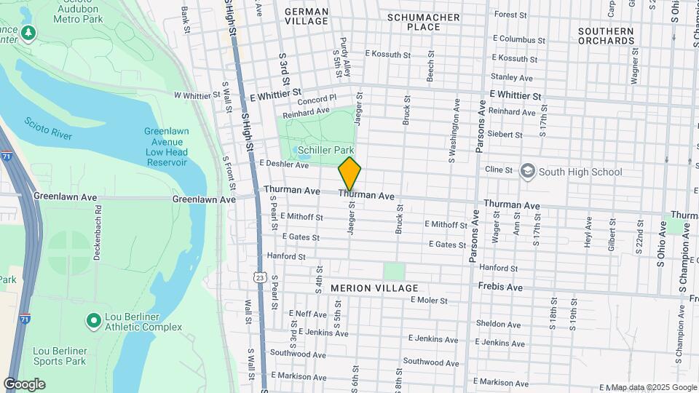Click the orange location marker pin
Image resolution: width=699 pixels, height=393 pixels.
(x=350, y=173)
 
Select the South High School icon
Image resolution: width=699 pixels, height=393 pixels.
(x=527, y=172)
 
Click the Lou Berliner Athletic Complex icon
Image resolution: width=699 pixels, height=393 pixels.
(x=93, y=320)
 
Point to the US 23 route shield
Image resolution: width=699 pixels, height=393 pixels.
(x=260, y=277)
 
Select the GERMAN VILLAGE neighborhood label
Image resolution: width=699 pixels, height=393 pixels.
(x=307, y=17)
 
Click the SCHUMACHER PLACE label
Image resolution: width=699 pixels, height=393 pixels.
(x=424, y=22)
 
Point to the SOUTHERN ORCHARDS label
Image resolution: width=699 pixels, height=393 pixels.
(x=606, y=36)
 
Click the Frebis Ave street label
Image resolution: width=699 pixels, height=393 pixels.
(x=500, y=287)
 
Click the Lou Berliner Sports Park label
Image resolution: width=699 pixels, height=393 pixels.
(x=60, y=356)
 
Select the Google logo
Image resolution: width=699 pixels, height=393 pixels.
(x=24, y=384)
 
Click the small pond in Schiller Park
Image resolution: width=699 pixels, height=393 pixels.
(x=304, y=153)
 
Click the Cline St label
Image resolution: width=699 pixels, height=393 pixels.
(x=499, y=170)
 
